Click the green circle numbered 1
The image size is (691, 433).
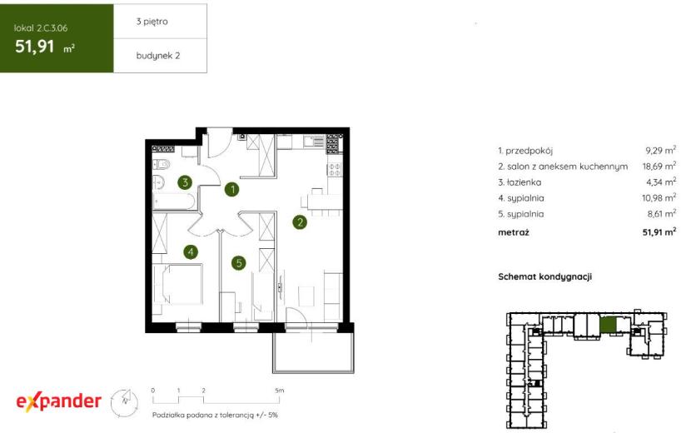pyautogui.click(x=231, y=189)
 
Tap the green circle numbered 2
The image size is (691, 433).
pyautogui.click(x=300, y=221)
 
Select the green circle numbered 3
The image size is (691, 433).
pyautogui.click(x=185, y=182)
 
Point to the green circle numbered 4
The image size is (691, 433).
pyautogui.click(x=191, y=251)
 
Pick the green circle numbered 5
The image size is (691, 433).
pyautogui.click(x=239, y=263)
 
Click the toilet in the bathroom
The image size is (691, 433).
pyautogui.click(x=162, y=165)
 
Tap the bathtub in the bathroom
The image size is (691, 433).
pyautogui.click(x=174, y=202)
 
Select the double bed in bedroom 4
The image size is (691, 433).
pyautogui.click(x=177, y=285)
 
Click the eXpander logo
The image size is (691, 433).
pyautogui.click(x=58, y=401)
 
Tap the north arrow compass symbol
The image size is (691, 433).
pyautogui.click(x=124, y=402)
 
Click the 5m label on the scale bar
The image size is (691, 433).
pyautogui.click(x=280, y=391)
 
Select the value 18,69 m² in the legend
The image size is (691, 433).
pyautogui.click(x=659, y=166)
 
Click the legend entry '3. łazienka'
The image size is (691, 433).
pyautogui.click(x=519, y=182)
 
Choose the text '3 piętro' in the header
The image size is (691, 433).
pyautogui.click(x=152, y=21)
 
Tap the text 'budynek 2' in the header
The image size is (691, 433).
pyautogui.click(x=158, y=56)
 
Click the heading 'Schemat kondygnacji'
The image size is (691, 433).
pyautogui.click(x=544, y=277)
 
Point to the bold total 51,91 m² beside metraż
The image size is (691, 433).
pyautogui.click(x=659, y=232)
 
